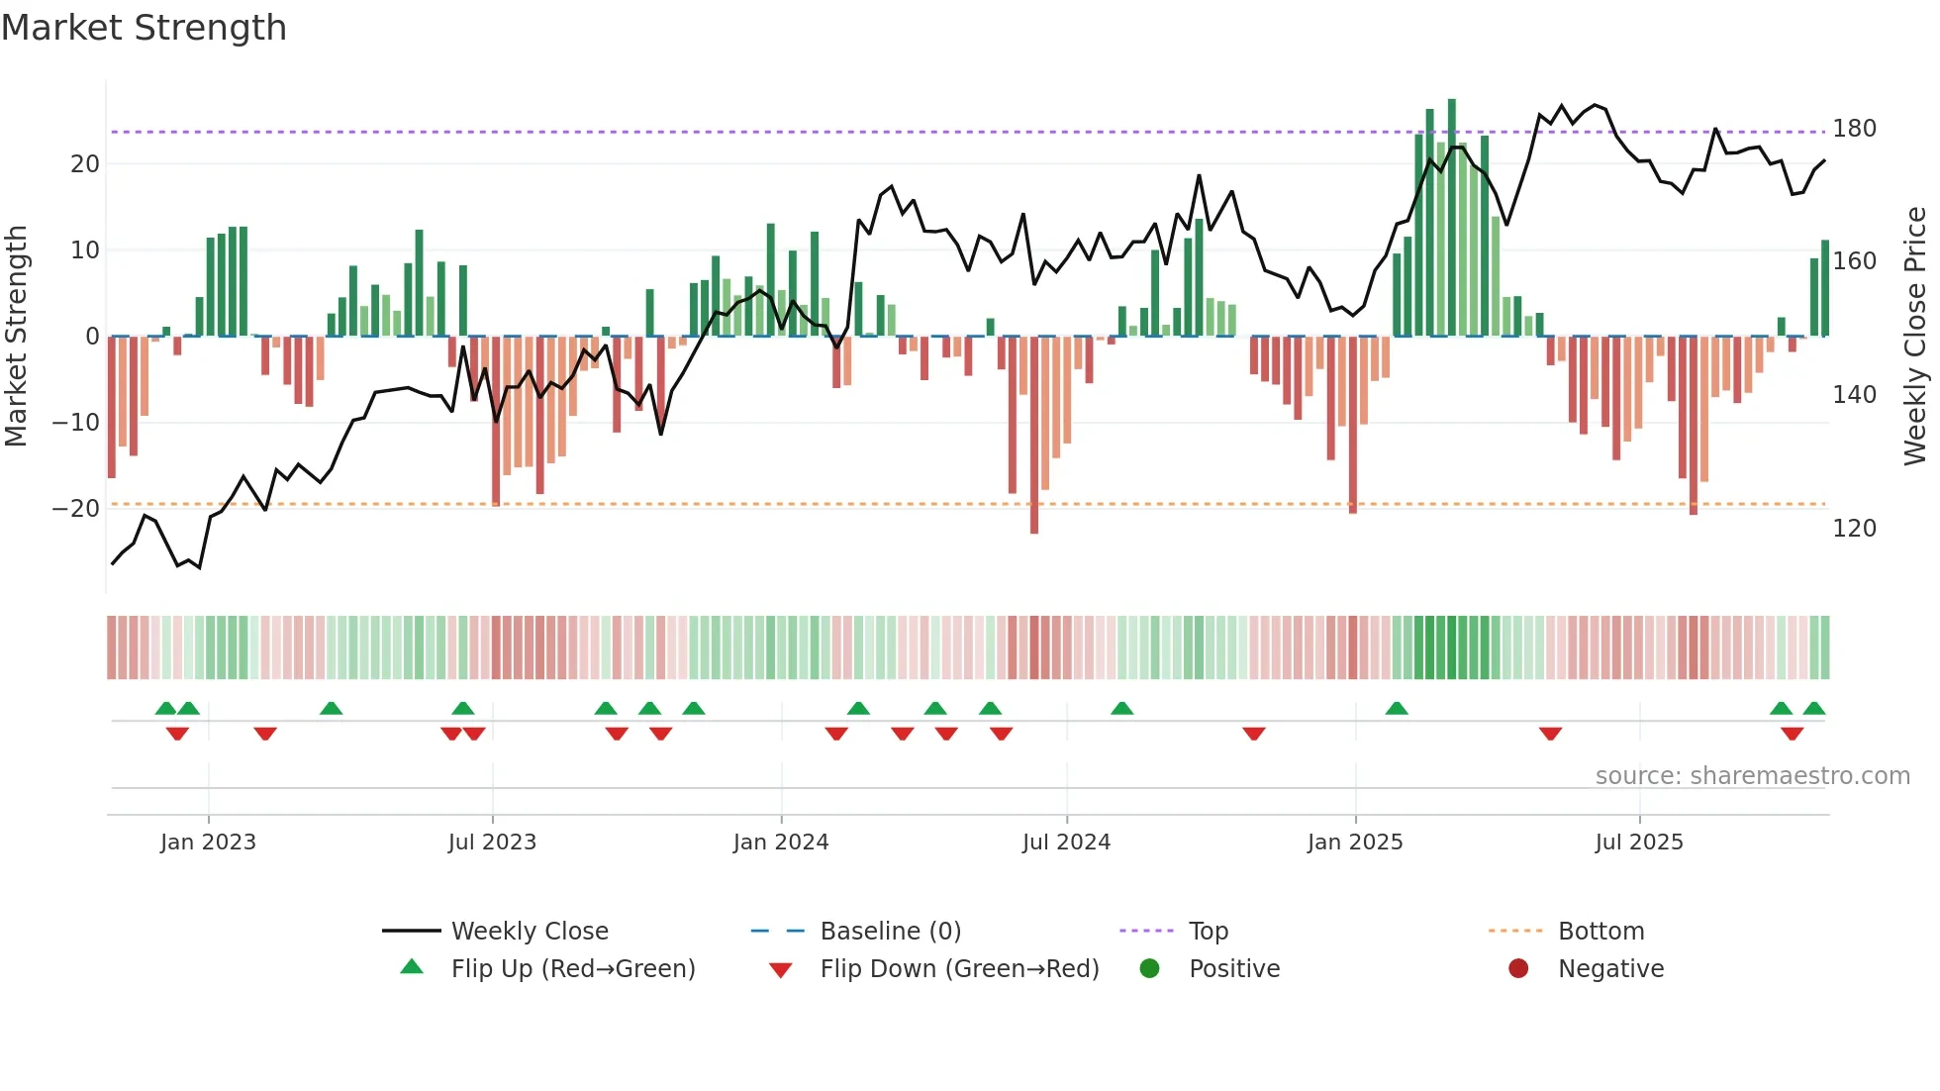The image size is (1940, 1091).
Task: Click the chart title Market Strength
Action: pos(144,28)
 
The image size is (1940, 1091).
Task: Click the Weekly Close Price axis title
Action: pos(1915,337)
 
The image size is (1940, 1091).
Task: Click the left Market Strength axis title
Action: pos(17,337)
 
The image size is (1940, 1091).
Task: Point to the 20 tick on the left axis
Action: pos(85,164)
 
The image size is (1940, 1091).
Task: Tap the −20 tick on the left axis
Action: pos(76,509)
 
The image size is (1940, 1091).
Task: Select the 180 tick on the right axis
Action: pos(1854,129)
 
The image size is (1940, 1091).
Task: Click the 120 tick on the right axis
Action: pos(1854,529)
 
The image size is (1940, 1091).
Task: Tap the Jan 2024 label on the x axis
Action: pos(781,843)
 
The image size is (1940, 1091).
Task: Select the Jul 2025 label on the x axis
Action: pos(1639,843)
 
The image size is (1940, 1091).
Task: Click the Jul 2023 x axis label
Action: pos(492,843)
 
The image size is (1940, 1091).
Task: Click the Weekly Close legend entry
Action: pos(530,932)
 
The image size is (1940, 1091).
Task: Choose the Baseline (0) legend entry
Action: pos(890,932)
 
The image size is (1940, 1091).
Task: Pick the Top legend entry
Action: pos(1208,932)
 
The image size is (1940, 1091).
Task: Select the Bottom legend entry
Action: pos(1600,932)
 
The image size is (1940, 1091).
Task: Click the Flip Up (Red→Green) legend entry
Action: pos(573,969)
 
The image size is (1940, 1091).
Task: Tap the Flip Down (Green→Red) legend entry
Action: pos(959,969)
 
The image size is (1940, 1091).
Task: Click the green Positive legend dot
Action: pos(1149,968)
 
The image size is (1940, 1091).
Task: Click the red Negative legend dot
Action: pos(1518,968)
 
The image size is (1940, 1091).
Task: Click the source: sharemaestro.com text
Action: pos(1752,776)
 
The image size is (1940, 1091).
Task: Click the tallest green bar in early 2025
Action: pos(1452,218)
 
